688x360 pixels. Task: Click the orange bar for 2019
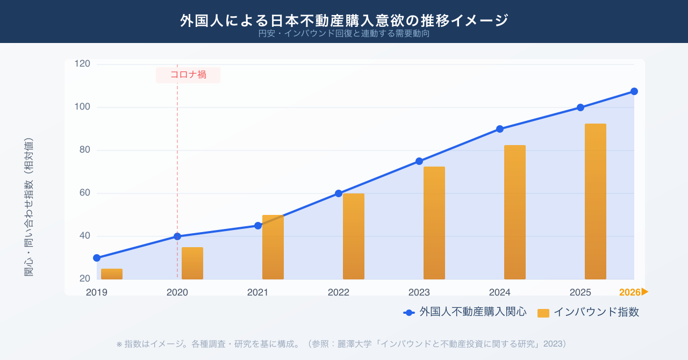[112, 274]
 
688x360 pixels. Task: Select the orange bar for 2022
[354, 236]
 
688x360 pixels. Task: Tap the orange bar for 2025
[596, 201]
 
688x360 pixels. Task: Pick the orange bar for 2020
[192, 263]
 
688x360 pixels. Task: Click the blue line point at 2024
[500, 129]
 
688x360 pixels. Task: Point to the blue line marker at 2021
[258, 226]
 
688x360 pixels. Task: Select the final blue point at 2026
[634, 91]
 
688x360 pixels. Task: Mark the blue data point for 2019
[97, 258]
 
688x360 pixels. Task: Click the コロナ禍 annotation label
[188, 75]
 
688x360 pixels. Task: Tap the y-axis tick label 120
[82, 64]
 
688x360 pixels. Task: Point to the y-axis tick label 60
[85, 193]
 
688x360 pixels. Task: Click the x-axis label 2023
[419, 292]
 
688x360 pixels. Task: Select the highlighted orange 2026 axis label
[630, 292]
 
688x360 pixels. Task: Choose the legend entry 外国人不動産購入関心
[465, 312]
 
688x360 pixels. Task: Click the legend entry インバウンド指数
[589, 312]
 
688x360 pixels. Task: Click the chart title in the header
[344, 20]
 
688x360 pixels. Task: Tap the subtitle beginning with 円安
[344, 34]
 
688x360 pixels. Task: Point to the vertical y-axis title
[29, 207]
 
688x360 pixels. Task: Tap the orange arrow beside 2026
[646, 292]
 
